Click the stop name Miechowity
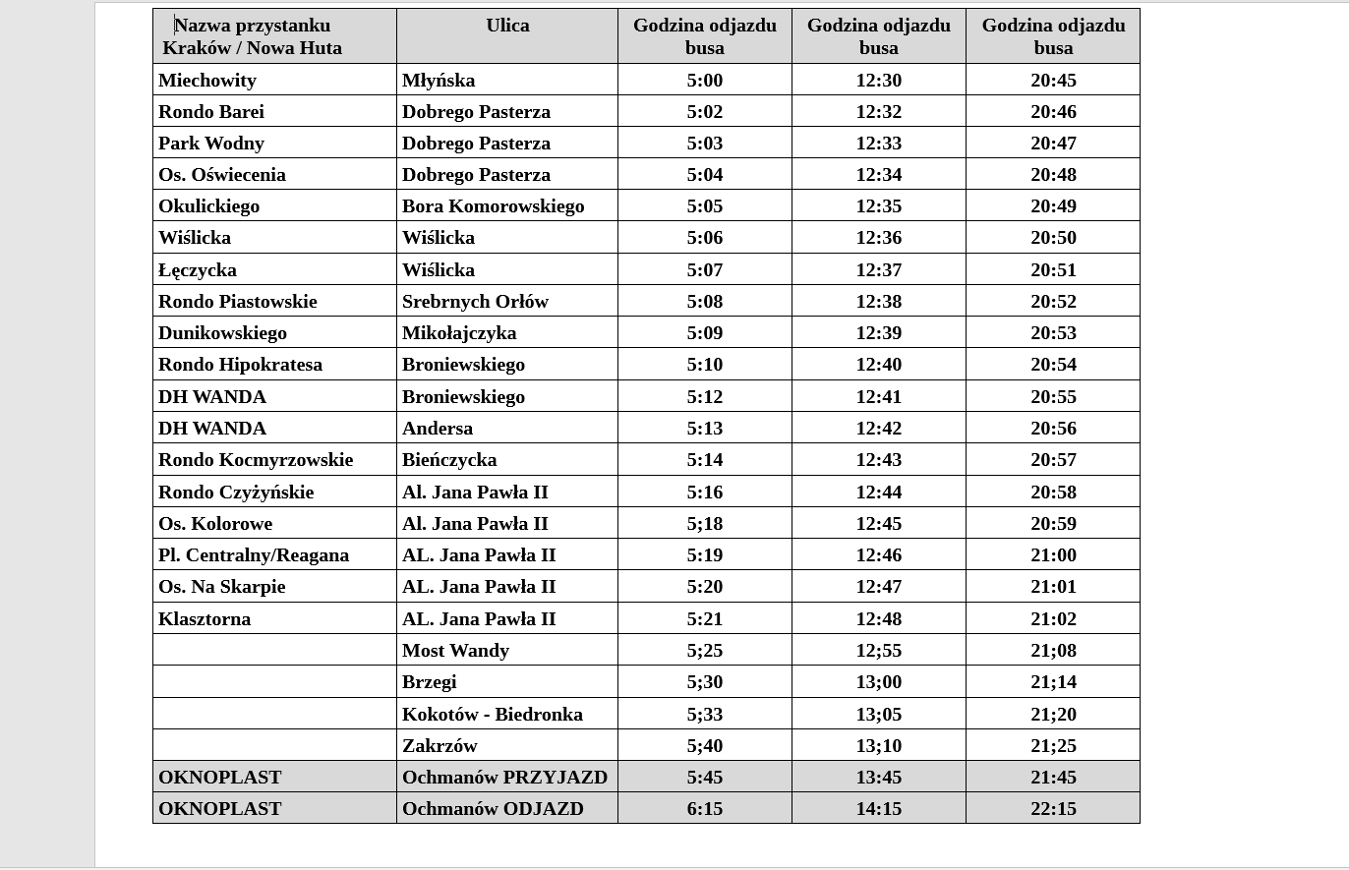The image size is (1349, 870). point(207,81)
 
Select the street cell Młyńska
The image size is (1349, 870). point(439,81)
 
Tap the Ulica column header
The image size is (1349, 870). point(507,27)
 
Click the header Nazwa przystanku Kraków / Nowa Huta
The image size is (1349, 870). point(253,36)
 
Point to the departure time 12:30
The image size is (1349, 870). point(878,81)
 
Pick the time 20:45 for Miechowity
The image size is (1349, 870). point(1053,81)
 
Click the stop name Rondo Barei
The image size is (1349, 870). point(211,112)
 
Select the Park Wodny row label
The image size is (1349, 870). point(211,144)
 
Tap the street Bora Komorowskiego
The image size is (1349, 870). point(493,206)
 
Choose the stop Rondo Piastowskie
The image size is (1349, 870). point(238,302)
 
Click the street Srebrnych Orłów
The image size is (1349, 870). point(475,302)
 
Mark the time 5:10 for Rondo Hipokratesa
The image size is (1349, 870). point(704,365)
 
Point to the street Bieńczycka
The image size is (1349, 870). point(449,460)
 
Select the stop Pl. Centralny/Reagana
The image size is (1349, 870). point(254,555)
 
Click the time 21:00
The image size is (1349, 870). point(1053,555)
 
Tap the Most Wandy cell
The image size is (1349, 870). point(455,651)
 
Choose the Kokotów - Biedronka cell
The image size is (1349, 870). point(492,715)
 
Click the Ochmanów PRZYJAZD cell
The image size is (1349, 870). point(504,778)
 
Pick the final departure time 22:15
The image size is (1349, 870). point(1053,809)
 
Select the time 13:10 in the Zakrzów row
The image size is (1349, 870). point(878,746)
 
